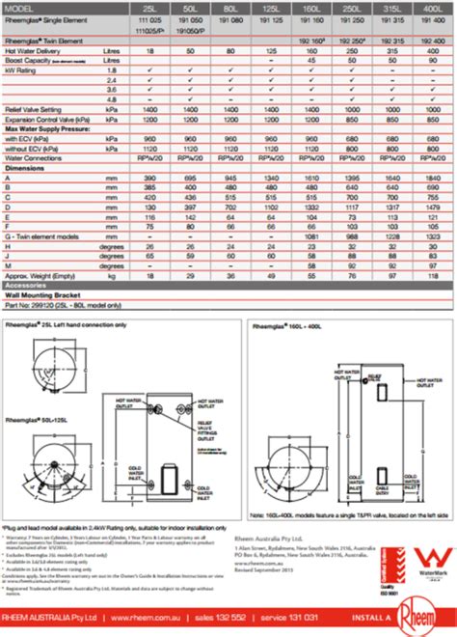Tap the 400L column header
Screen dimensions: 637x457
431,8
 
